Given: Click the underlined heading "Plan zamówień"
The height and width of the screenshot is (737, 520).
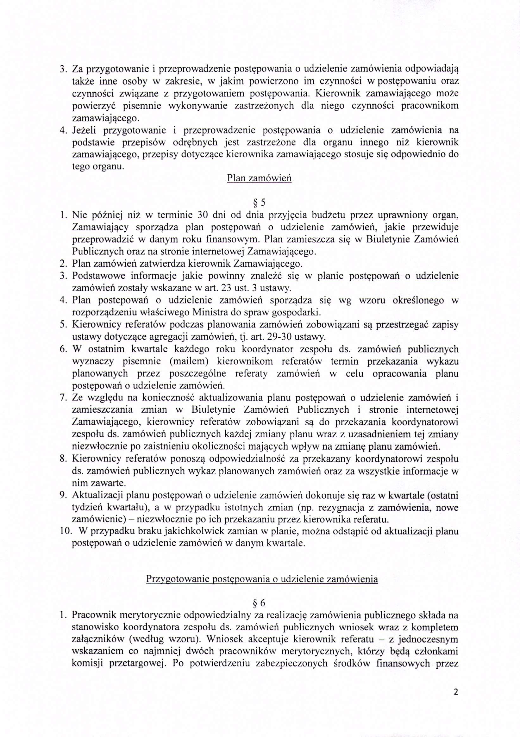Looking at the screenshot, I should [259, 178].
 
